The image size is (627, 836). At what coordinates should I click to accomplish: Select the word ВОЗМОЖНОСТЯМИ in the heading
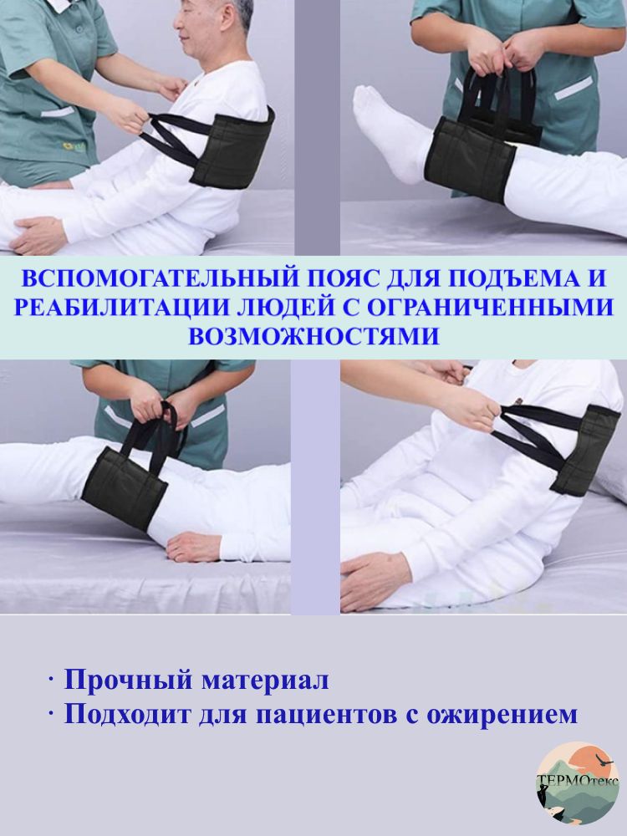[x=314, y=336]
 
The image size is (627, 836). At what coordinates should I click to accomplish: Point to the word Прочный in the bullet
[x=128, y=681]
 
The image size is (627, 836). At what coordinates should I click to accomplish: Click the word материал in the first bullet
[x=264, y=681]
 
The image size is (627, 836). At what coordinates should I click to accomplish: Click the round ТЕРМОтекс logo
[x=578, y=782]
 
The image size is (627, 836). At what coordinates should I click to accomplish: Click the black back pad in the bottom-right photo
[x=584, y=449]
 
